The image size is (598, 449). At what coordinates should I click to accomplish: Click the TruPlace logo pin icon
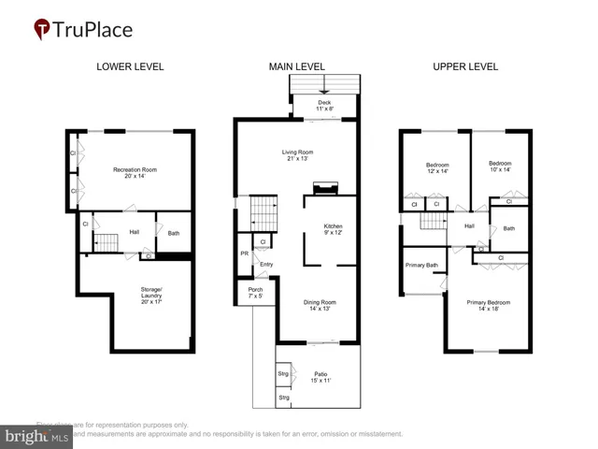(43, 29)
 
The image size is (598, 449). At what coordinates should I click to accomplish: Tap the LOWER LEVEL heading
(130, 66)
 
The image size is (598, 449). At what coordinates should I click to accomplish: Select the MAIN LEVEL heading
(297, 66)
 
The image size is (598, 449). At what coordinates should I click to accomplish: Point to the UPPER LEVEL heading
(464, 66)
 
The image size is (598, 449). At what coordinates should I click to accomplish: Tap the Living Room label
(297, 155)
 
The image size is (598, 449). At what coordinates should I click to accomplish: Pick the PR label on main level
(243, 253)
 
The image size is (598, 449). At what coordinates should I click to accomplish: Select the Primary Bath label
(421, 265)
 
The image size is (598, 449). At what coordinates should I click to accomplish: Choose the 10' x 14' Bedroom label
(500, 167)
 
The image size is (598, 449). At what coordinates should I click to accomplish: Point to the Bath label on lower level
(174, 233)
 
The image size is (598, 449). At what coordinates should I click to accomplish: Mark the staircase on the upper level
(432, 222)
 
